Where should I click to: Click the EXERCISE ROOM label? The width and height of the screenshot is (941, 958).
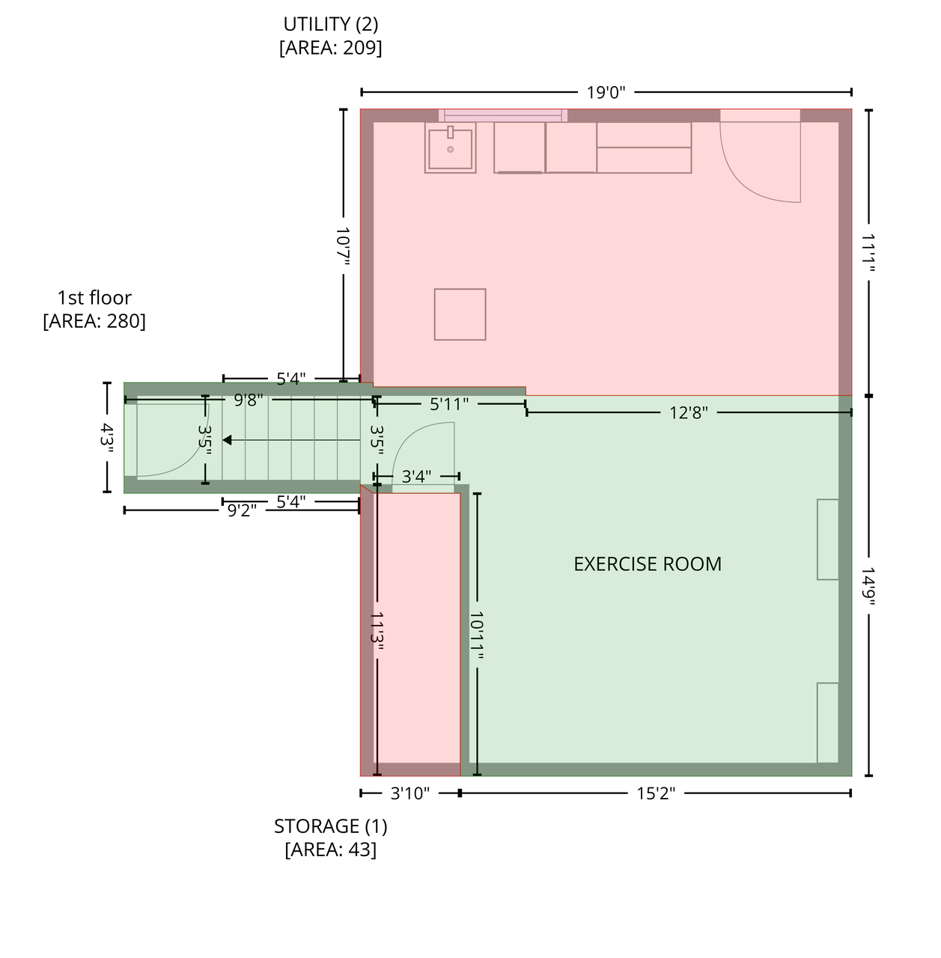point(647,564)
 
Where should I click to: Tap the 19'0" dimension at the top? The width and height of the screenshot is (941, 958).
point(606,93)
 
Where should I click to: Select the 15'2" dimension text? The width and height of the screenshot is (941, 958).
point(656,793)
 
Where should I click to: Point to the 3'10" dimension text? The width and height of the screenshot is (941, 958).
point(409,793)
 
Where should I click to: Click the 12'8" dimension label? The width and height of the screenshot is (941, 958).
point(688,412)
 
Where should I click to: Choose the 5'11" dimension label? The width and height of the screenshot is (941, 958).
point(449,404)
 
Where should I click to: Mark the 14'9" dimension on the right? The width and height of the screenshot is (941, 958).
point(868,586)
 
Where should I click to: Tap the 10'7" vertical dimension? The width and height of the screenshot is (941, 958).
point(343,246)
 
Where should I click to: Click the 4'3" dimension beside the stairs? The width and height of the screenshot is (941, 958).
point(107,438)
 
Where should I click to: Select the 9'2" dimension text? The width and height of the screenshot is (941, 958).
point(242,510)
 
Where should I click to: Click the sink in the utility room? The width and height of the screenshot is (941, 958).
point(450,147)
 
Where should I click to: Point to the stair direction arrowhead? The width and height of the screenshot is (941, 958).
point(227,441)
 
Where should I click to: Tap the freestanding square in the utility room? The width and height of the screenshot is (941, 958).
point(460,314)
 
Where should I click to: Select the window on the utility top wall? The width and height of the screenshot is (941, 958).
point(503,115)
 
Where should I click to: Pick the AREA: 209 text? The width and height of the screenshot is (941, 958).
point(331,48)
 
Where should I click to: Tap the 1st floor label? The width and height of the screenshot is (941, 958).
point(94,298)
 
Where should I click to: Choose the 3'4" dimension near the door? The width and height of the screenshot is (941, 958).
point(416,476)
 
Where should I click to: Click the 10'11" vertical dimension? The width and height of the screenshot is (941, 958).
point(477,635)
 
